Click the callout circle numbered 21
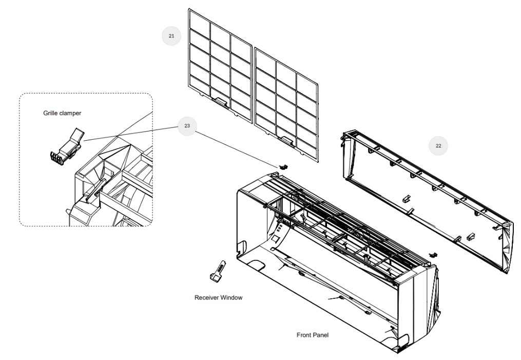pyautogui.click(x=171, y=35)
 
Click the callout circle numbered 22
pyautogui.click(x=438, y=145)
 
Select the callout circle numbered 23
pyautogui.click(x=187, y=126)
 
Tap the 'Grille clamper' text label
pyautogui.click(x=62, y=113)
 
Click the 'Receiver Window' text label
pyautogui.click(x=219, y=297)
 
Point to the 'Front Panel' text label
pyautogui.click(x=313, y=335)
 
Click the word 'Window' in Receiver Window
pyautogui.click(x=231, y=297)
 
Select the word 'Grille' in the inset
pyautogui.click(x=51, y=113)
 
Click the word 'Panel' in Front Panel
pyautogui.click(x=321, y=335)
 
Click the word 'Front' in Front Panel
pyautogui.click(x=304, y=335)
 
